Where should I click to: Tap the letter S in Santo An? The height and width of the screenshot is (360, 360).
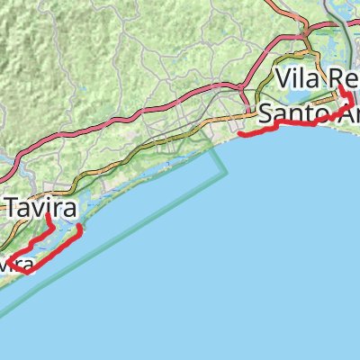(265, 114)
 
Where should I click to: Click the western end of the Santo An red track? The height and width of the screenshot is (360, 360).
(239, 136)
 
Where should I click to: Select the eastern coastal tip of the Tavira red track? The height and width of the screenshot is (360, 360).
(81, 229)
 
